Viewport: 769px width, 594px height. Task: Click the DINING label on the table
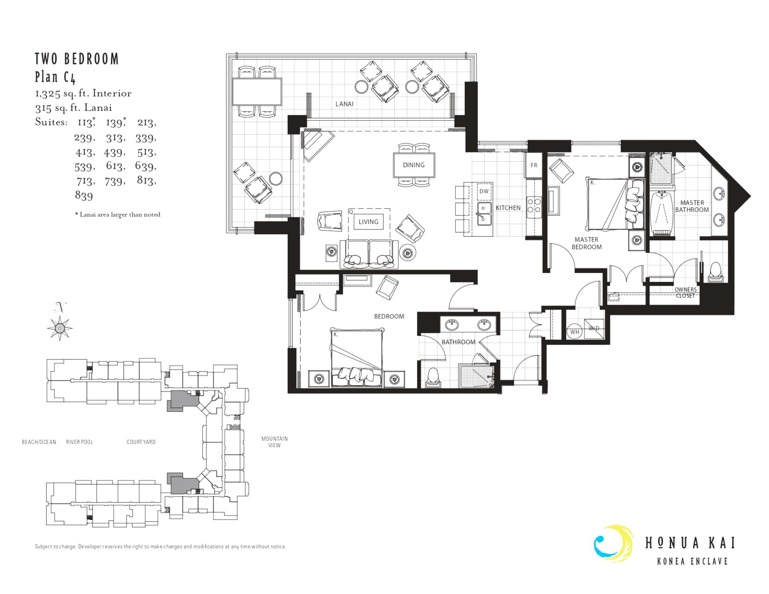coord(414,165)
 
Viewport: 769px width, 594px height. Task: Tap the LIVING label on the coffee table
coord(368,222)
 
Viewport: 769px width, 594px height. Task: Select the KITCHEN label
coord(508,208)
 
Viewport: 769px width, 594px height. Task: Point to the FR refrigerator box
coord(534,165)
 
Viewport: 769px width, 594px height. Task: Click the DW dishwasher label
coord(484,191)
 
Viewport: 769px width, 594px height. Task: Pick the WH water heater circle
coord(575,332)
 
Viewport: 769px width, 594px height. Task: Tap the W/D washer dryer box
coord(594,329)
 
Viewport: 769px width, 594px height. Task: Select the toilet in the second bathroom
coord(433,377)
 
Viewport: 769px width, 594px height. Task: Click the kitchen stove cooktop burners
coord(534,205)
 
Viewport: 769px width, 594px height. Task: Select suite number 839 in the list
coord(84,196)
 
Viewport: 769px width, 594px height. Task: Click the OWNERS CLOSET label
coord(685,293)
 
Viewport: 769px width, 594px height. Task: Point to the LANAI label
coord(344,104)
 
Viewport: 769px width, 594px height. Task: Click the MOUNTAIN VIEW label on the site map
coord(274,442)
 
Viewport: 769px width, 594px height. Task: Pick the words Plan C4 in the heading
coord(55,77)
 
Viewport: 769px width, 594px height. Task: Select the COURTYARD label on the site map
coord(141,442)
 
